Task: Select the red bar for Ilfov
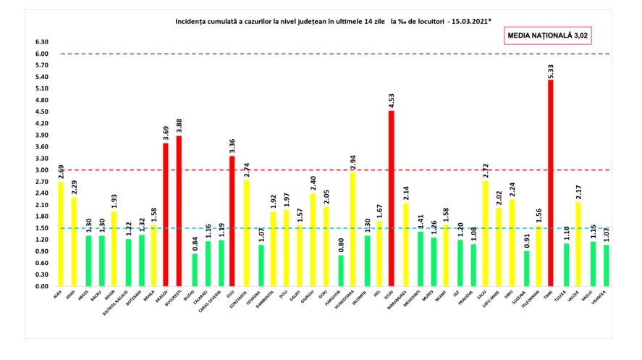pos(391,198)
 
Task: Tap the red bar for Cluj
pos(232,221)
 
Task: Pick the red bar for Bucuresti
pos(178,211)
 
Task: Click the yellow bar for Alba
pos(60,234)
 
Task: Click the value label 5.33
pos(551,71)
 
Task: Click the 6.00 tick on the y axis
pos(42,54)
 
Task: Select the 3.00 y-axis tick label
pos(42,170)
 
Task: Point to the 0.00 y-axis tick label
pos(42,286)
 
